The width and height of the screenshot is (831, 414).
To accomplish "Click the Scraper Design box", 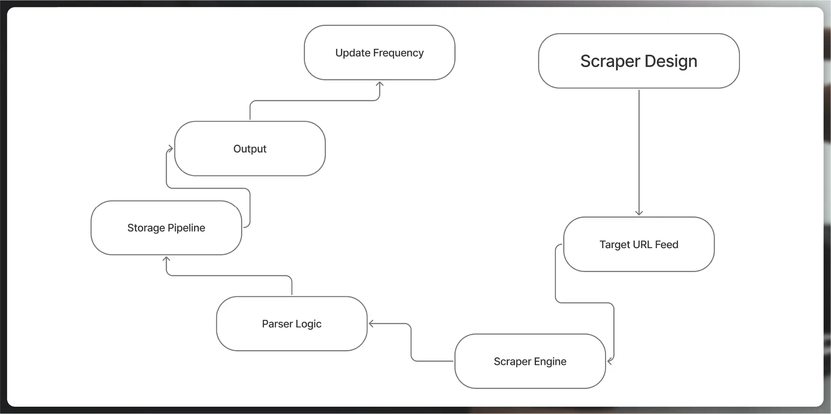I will (x=639, y=61).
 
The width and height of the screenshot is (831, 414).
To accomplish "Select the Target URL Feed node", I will (x=639, y=244).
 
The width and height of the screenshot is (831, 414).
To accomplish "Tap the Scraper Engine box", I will (x=530, y=361).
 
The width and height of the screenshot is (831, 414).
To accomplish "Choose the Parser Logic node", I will (x=291, y=323).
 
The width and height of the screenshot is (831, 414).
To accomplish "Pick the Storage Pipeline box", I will (x=166, y=228).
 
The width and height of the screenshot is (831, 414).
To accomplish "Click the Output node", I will (x=250, y=148).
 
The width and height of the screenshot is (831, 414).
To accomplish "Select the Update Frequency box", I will (x=379, y=52).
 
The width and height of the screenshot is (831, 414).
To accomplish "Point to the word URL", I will (x=642, y=244).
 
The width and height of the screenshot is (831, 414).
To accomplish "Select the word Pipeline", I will (x=186, y=228).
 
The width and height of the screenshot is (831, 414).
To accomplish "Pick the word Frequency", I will (x=398, y=53).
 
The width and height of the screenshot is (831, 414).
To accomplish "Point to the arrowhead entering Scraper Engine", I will (x=609, y=361).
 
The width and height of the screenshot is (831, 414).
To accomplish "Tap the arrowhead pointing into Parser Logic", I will (x=371, y=323).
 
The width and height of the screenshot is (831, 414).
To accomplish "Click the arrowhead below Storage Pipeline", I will (x=166, y=259).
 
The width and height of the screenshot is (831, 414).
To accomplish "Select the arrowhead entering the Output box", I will (x=171, y=148).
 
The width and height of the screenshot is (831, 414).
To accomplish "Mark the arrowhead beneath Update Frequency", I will (x=379, y=84).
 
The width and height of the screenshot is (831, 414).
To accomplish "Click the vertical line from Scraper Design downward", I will (x=639, y=149).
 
